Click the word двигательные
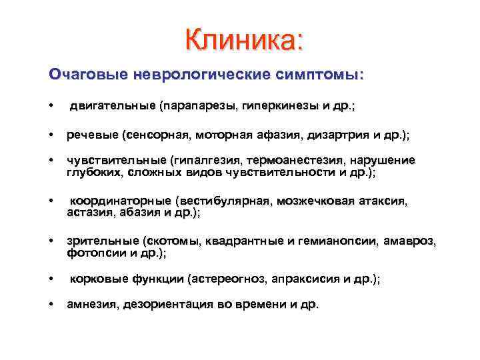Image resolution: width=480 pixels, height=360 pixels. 112,105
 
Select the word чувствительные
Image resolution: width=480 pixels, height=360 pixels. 116,161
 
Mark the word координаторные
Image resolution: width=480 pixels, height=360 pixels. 121,201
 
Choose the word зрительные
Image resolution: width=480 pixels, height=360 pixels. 102,242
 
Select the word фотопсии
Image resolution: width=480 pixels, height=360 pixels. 90,253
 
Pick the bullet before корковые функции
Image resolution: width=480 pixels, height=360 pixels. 51,280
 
